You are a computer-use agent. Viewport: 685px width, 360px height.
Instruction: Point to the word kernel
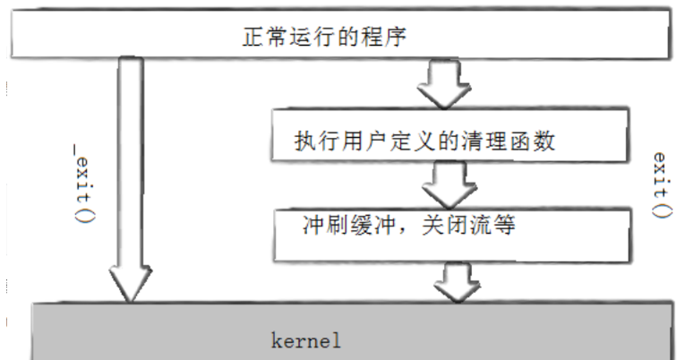tap(305, 341)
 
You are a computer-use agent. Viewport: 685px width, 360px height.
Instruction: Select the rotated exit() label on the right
tap(660, 184)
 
